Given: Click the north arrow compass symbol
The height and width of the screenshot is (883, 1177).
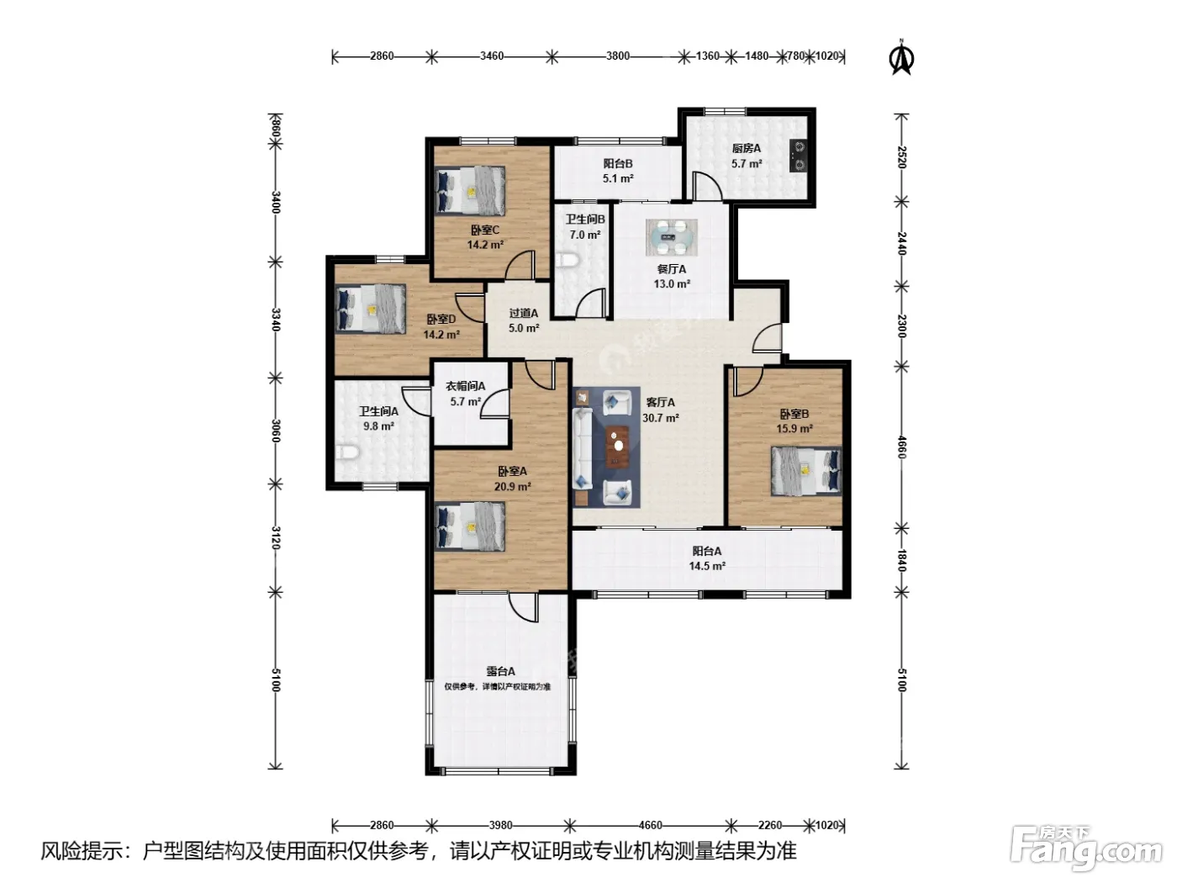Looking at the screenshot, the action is (x=902, y=57).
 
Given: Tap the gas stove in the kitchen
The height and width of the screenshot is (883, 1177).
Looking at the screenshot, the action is (x=799, y=156).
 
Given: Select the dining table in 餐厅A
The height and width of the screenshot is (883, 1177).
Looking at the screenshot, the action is (x=672, y=237).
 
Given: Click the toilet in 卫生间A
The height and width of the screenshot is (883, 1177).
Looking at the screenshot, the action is (x=348, y=452).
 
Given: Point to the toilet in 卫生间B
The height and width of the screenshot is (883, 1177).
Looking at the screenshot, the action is (x=567, y=261).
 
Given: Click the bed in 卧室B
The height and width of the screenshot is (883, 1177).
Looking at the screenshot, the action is (x=806, y=471).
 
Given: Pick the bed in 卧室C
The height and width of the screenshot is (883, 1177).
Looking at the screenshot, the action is (x=470, y=190).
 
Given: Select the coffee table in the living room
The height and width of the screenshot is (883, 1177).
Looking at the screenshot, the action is (x=618, y=446).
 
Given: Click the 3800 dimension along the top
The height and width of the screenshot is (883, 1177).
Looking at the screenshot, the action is (x=618, y=56).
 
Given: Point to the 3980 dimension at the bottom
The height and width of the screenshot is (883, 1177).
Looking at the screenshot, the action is (x=500, y=825).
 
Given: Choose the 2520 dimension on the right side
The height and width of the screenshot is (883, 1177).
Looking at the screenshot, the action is (x=902, y=157).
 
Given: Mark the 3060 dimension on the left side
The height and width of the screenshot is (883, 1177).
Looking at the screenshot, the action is (x=276, y=431).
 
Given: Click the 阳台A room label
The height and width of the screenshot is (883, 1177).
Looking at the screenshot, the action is (x=707, y=551).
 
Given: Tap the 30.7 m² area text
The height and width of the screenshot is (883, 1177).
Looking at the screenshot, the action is (x=661, y=417).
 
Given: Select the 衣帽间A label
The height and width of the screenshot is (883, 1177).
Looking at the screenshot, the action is (x=466, y=385).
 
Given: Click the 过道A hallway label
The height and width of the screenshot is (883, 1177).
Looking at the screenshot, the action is (x=524, y=313).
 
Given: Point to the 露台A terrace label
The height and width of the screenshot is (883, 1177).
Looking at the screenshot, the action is (x=500, y=671).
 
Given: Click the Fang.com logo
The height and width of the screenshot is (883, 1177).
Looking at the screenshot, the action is (x=1086, y=849).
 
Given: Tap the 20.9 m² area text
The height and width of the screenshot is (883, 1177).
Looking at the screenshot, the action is (x=513, y=486).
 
